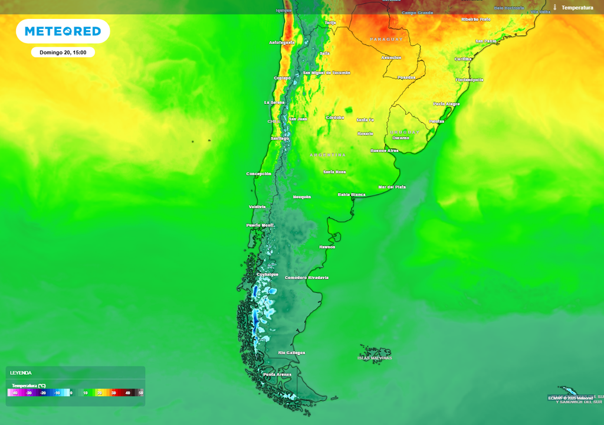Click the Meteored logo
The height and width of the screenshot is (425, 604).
point(63,31)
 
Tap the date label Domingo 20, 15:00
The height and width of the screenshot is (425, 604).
point(63,53)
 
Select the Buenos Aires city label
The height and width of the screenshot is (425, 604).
point(384,151)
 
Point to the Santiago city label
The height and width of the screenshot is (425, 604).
point(280,139)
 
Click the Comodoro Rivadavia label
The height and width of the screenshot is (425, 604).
point(307,277)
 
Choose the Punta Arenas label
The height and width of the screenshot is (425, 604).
point(278,374)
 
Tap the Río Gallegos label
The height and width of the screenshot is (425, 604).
point(291,352)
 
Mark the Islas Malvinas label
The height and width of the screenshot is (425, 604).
point(375,358)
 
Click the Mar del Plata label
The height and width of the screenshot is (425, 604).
point(392,187)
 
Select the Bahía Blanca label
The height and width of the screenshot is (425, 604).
point(352,194)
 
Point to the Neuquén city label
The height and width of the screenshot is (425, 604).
point(302,197)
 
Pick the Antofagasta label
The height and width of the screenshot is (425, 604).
point(281,42)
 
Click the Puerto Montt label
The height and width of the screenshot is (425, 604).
point(261,225)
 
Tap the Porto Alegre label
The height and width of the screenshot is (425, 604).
point(447,104)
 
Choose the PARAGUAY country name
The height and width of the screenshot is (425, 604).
point(386,39)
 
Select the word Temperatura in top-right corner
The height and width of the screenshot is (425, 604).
point(577,8)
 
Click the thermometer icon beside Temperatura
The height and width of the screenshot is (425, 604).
point(555,8)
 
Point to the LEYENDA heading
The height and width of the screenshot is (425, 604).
point(21,373)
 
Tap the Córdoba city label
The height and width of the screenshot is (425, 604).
point(335,117)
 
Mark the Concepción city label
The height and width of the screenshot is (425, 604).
point(258,174)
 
